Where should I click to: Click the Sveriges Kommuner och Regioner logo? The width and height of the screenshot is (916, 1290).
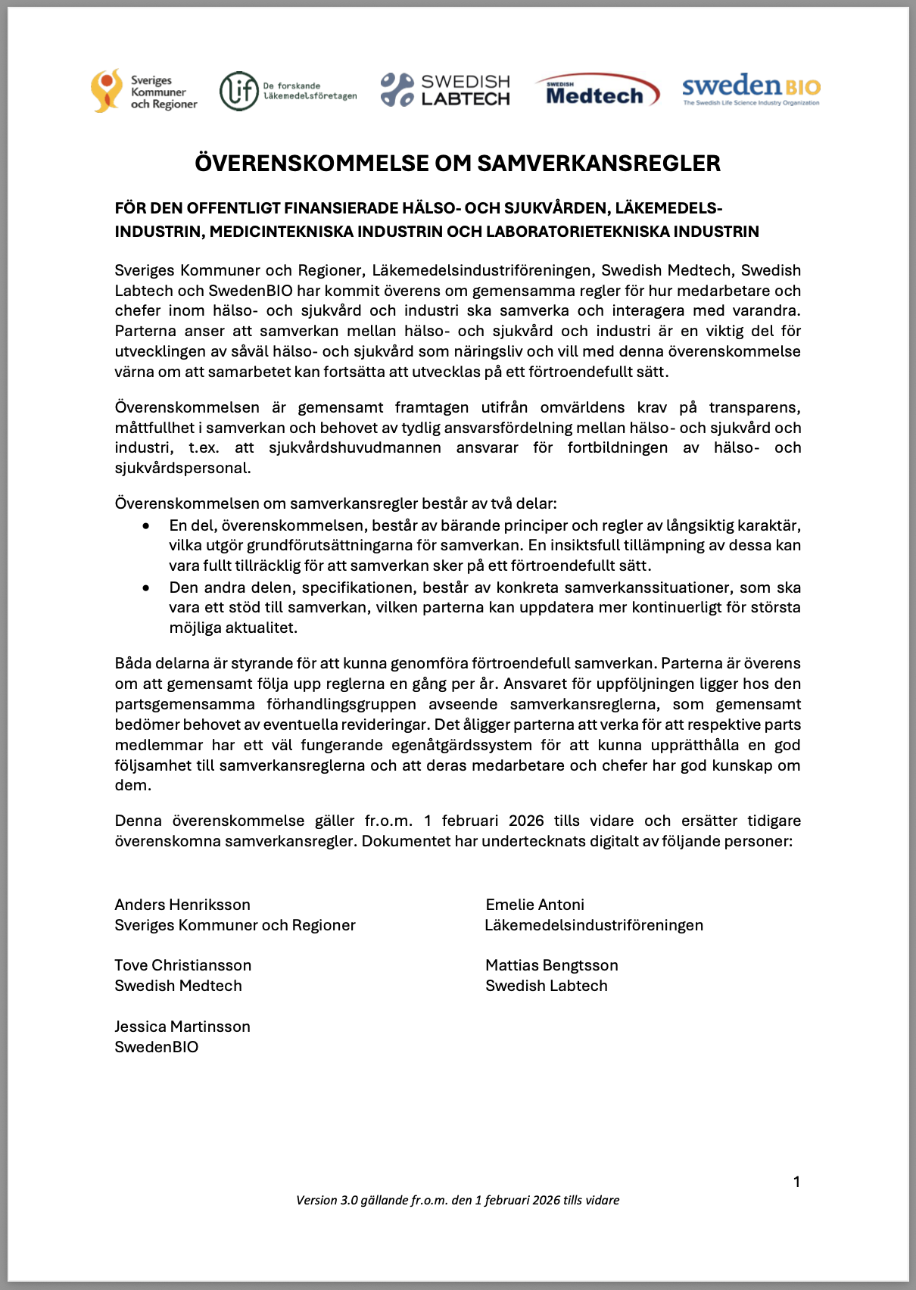(144, 92)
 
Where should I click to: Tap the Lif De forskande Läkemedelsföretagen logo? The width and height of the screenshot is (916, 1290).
(288, 92)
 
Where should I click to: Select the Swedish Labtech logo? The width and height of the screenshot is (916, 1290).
(445, 90)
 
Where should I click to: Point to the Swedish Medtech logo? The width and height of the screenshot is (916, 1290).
(597, 91)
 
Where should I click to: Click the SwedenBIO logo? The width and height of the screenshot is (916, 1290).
(751, 89)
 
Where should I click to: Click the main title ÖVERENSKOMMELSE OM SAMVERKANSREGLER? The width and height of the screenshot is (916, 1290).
(457, 163)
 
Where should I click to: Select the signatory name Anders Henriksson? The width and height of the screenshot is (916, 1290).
(182, 905)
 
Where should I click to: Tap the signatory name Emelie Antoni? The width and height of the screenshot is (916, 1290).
(535, 905)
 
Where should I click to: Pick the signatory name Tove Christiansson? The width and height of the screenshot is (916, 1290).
(183, 965)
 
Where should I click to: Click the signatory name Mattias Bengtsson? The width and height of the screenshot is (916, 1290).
(552, 965)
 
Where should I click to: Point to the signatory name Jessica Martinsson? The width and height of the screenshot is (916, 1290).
(182, 1027)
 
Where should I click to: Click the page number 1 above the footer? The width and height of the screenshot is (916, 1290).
(796, 1182)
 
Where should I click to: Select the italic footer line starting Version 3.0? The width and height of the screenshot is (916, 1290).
(457, 1200)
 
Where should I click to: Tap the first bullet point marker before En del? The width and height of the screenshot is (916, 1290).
(146, 525)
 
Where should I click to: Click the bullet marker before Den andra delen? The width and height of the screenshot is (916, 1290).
(146, 587)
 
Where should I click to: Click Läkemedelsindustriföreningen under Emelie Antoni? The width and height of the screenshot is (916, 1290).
(594, 925)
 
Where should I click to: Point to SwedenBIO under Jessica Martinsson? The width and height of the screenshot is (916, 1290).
(157, 1047)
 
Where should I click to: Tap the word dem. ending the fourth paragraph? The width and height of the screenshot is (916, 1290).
(133, 785)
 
